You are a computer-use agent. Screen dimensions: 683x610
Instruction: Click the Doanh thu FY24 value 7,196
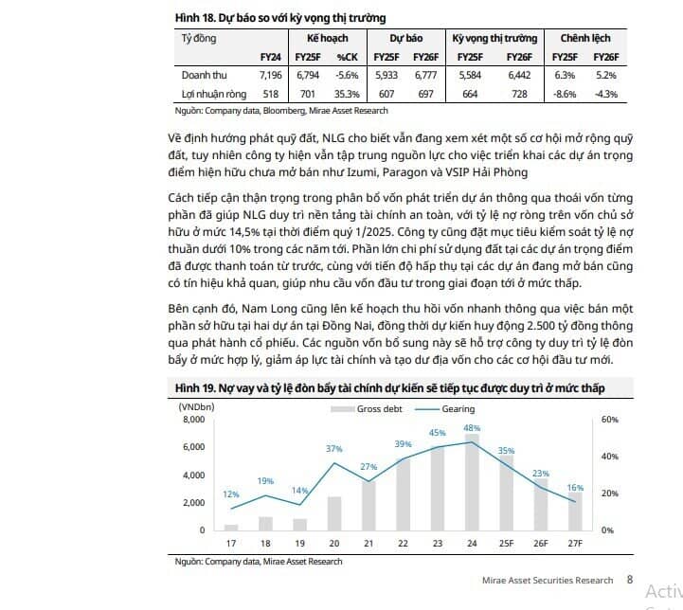(x=271, y=76)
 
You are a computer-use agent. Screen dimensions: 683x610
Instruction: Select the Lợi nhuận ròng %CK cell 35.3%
(x=347, y=94)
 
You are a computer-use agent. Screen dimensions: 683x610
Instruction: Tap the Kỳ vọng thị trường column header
(x=494, y=38)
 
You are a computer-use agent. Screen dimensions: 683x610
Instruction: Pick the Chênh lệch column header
(x=585, y=38)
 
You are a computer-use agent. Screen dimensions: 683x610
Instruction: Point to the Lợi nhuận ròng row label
(x=214, y=94)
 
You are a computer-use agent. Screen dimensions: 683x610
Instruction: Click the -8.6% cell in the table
(x=565, y=94)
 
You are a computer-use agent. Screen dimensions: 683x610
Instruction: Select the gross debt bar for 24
(x=472, y=482)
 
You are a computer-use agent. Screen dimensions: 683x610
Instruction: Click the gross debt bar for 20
(x=334, y=513)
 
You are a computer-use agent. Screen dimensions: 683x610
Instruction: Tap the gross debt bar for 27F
(x=575, y=511)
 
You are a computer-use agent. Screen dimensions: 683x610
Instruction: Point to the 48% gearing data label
(x=472, y=428)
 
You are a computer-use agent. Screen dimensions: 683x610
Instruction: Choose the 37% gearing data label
(x=334, y=448)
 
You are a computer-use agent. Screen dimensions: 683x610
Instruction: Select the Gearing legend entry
(x=444, y=409)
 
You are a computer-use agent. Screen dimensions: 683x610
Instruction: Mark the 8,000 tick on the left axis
(x=194, y=420)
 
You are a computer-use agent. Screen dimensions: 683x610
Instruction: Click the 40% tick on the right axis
(x=610, y=457)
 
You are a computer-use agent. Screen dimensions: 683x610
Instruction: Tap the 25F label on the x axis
(x=506, y=544)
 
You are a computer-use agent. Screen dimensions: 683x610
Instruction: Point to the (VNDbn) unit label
(x=196, y=406)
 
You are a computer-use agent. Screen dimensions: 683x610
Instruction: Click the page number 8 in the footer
(x=630, y=580)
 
